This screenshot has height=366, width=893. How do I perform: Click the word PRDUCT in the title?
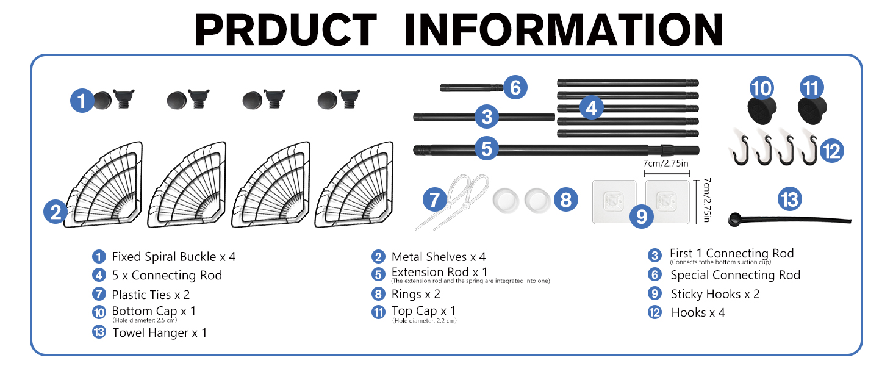[285, 29]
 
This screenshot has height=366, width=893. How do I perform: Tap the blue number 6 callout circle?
[515, 87]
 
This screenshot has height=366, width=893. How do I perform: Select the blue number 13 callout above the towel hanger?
[789, 199]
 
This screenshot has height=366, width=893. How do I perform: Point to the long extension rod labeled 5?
[556, 150]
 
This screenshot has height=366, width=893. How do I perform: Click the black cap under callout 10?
[761, 110]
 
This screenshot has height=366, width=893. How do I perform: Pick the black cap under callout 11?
[812, 110]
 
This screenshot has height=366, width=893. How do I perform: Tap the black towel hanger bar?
[789, 220]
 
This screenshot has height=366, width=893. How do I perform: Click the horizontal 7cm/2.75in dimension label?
[665, 163]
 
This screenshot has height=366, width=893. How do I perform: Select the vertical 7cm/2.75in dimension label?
[707, 200]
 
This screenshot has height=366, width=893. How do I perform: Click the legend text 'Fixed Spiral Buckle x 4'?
[173, 256]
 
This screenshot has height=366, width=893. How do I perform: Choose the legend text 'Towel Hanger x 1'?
[159, 332]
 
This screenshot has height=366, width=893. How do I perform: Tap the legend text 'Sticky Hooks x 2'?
[715, 294]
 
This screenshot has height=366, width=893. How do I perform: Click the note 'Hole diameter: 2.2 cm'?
[425, 320]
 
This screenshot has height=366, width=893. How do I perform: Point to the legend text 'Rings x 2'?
[416, 294]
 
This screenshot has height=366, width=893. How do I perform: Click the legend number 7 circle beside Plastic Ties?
[99, 294]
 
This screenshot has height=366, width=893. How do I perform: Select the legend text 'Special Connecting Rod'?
[735, 274]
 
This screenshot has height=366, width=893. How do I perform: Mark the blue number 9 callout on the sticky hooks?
[641, 217]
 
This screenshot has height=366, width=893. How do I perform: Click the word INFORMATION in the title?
[564, 29]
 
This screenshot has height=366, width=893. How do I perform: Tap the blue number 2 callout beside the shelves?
[56, 211]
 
